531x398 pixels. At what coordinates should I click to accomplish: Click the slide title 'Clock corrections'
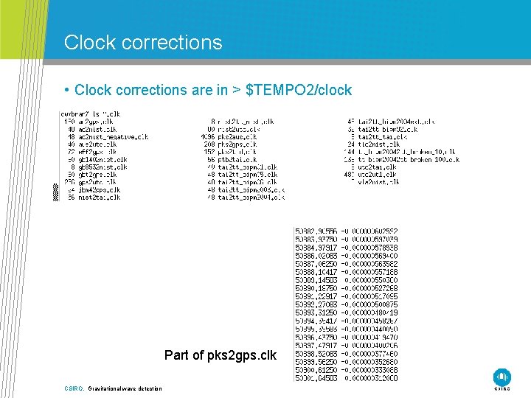click(x=143, y=43)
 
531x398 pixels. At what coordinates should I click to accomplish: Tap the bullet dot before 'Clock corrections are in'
click(x=66, y=90)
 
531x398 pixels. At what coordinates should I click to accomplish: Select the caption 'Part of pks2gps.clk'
click(x=220, y=355)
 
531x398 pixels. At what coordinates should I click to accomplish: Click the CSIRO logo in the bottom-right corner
click(x=502, y=377)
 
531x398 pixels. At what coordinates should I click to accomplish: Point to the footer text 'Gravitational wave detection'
click(x=125, y=388)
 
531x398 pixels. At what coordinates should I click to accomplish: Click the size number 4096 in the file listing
click(x=207, y=136)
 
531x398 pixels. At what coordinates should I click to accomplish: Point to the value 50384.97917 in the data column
click(x=316, y=248)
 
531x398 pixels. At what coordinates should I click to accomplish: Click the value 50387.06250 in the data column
click(x=316, y=263)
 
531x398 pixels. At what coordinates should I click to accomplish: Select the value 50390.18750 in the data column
click(x=316, y=286)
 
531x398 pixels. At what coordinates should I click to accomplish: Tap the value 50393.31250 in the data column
click(x=316, y=310)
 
